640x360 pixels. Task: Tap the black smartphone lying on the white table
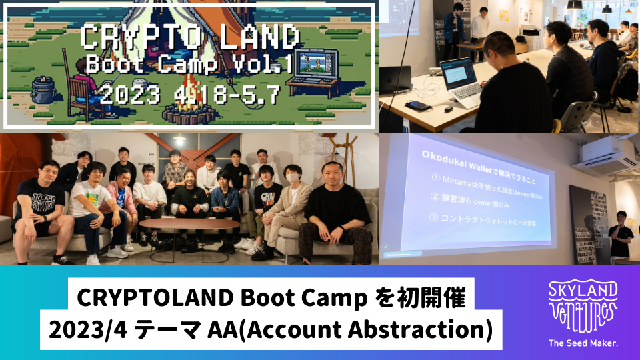click(418, 105)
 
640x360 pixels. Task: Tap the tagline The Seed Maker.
click(582, 343)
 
